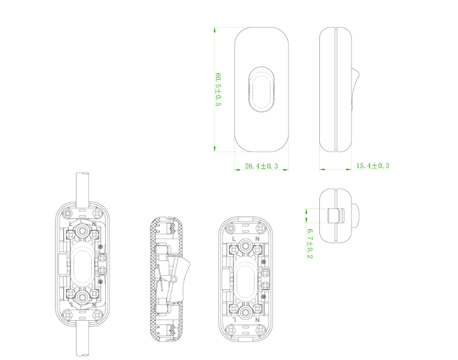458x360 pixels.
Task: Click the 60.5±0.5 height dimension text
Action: pyautogui.click(x=218, y=89)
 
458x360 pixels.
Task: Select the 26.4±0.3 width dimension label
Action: pyautogui.click(x=261, y=166)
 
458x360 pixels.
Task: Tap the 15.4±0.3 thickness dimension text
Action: pyautogui.click(x=373, y=165)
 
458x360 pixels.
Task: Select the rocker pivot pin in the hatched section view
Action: pyautogui.click(x=174, y=279)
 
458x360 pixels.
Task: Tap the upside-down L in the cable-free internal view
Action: pyautogui.click(x=234, y=319)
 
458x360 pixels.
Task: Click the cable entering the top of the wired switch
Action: pyautogui.click(x=83, y=187)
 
